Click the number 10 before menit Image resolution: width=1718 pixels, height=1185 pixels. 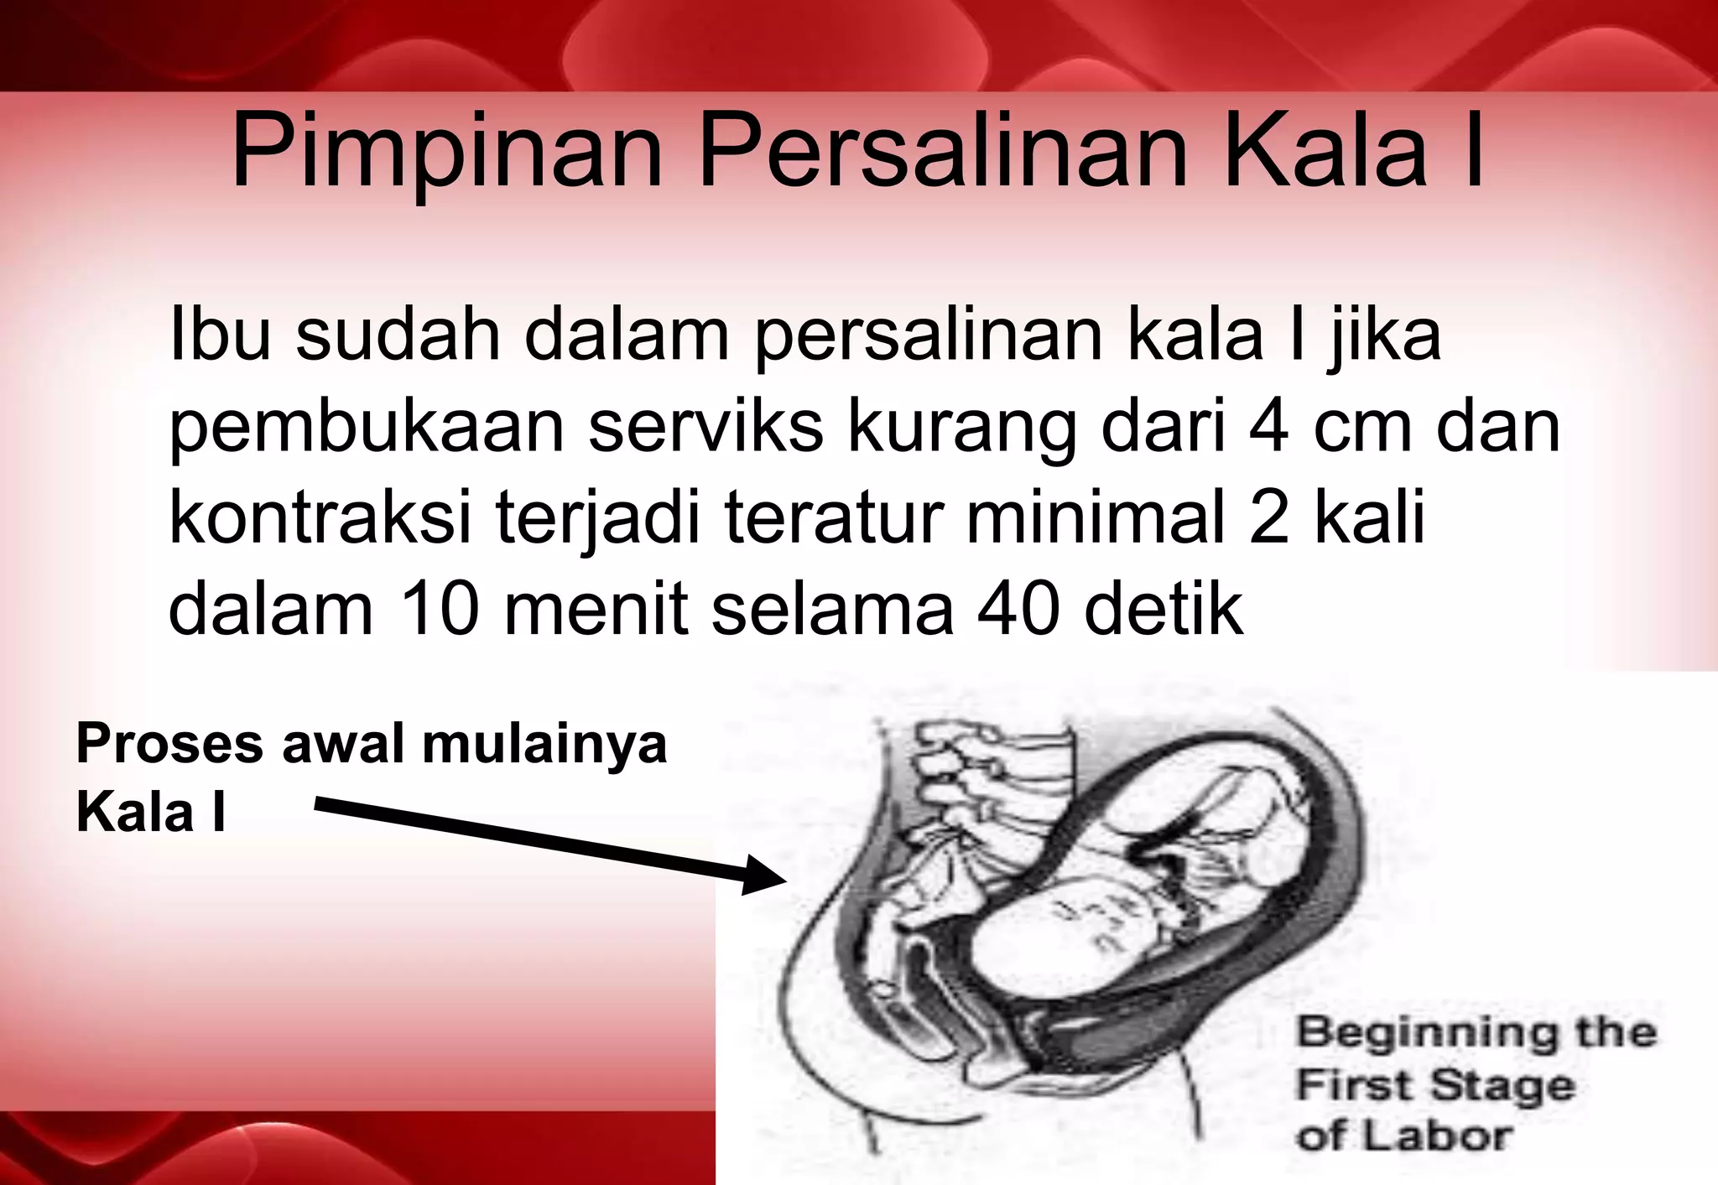[x=440, y=609]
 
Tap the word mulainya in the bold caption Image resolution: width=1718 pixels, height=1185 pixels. [x=544, y=745]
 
